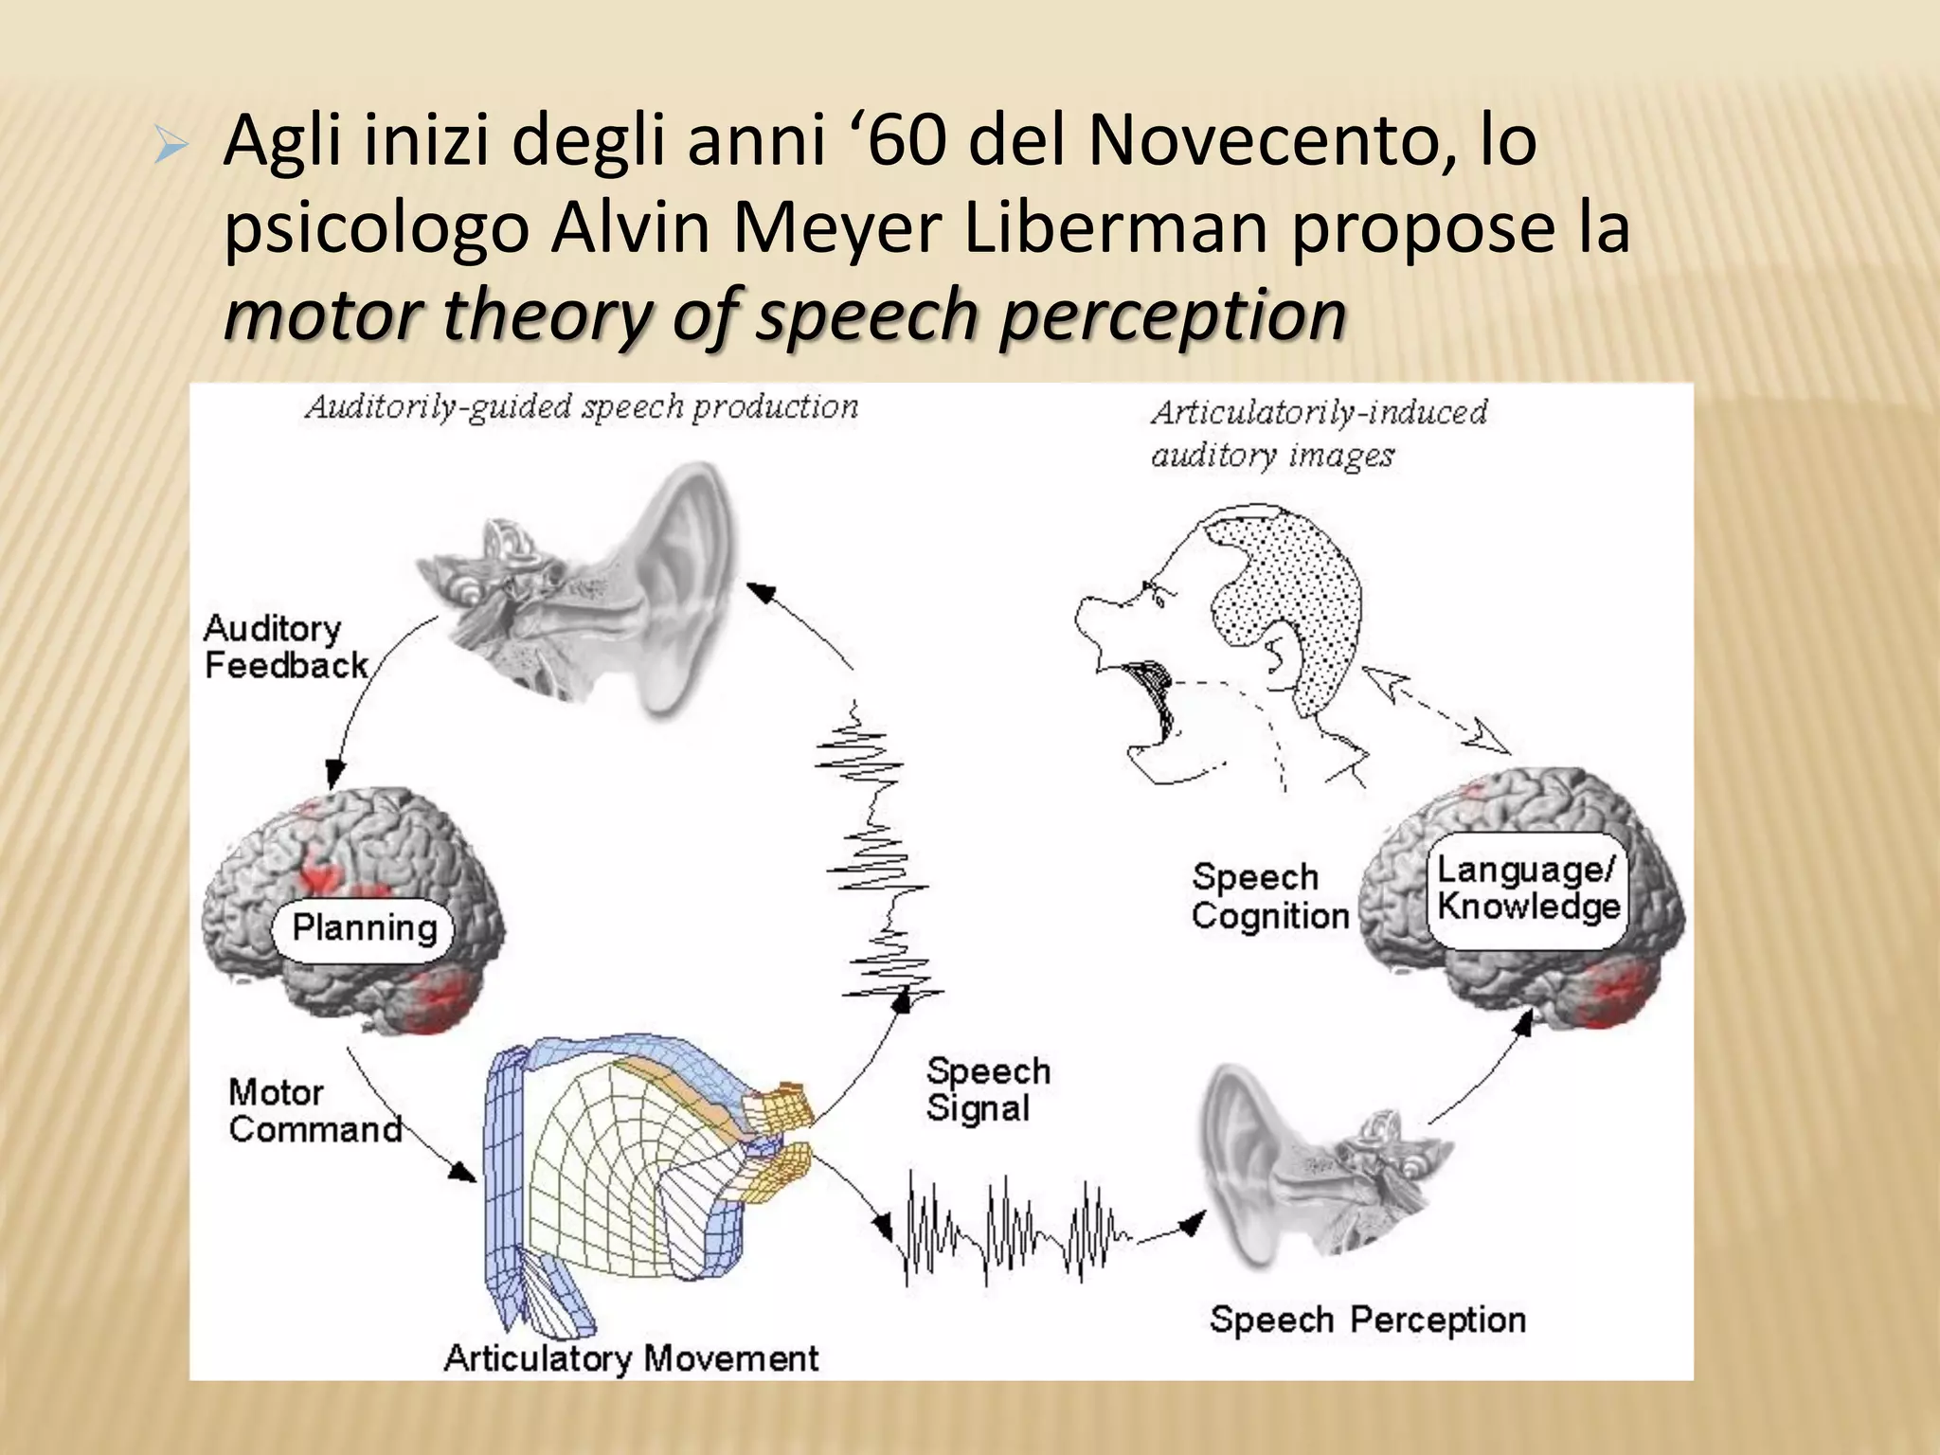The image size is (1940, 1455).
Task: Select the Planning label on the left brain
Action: pyautogui.click(x=365, y=927)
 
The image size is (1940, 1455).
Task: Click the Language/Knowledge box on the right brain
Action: pyautogui.click(x=1526, y=889)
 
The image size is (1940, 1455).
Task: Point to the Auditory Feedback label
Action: pyautogui.click(x=284, y=647)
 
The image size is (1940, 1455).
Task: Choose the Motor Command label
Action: pyautogui.click(x=314, y=1110)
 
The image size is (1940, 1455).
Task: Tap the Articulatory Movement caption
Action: pyautogui.click(x=631, y=1357)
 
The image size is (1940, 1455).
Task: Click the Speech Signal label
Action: pyautogui.click(x=988, y=1089)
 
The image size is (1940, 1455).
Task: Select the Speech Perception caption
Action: pyautogui.click(x=1367, y=1319)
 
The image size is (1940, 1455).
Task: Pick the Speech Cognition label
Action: pyautogui.click(x=1269, y=896)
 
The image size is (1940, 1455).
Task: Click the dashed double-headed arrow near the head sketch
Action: pyautogui.click(x=1435, y=710)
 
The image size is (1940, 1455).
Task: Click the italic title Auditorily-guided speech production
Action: pyautogui.click(x=582, y=407)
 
